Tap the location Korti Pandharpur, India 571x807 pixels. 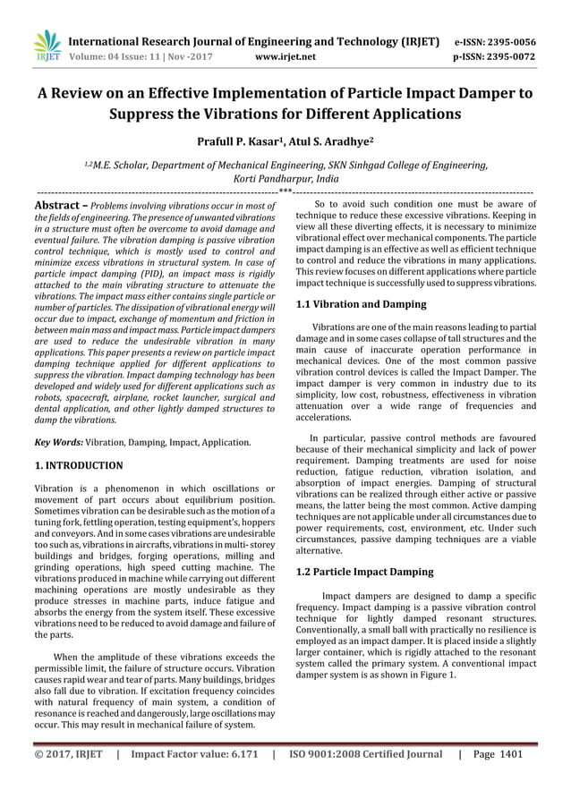[x=285, y=178]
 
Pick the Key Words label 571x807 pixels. [x=58, y=442]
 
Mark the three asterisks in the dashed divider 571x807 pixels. [x=285, y=191]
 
